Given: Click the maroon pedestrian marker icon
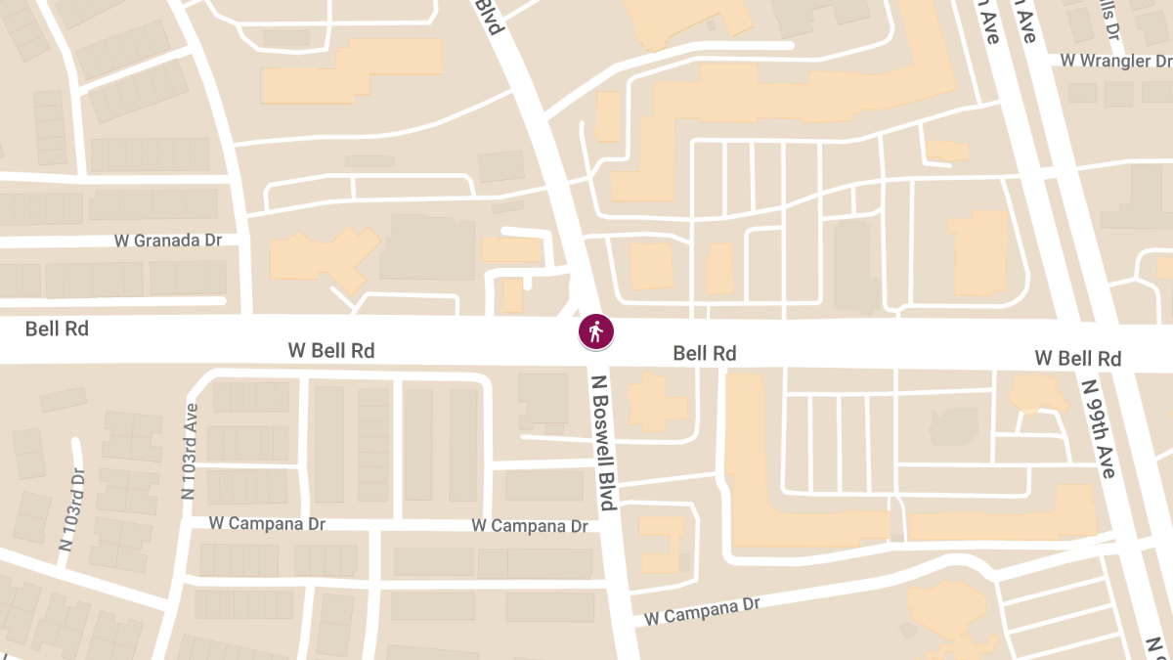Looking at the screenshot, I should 595,331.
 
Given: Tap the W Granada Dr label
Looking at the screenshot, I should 169,240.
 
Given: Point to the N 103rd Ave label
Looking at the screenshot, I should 189,452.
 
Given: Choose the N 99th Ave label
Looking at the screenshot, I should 1099,428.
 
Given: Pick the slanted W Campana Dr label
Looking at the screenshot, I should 702,611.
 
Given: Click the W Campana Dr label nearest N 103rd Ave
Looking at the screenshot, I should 267,524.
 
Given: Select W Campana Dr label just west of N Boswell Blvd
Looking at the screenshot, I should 529,526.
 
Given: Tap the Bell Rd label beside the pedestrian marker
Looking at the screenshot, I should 704,353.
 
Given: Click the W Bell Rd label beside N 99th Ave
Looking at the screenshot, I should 1077,359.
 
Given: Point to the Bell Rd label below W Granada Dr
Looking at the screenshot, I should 57,329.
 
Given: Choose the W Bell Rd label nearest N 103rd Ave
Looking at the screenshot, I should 331,349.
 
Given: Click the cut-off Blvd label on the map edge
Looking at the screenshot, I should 489,17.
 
